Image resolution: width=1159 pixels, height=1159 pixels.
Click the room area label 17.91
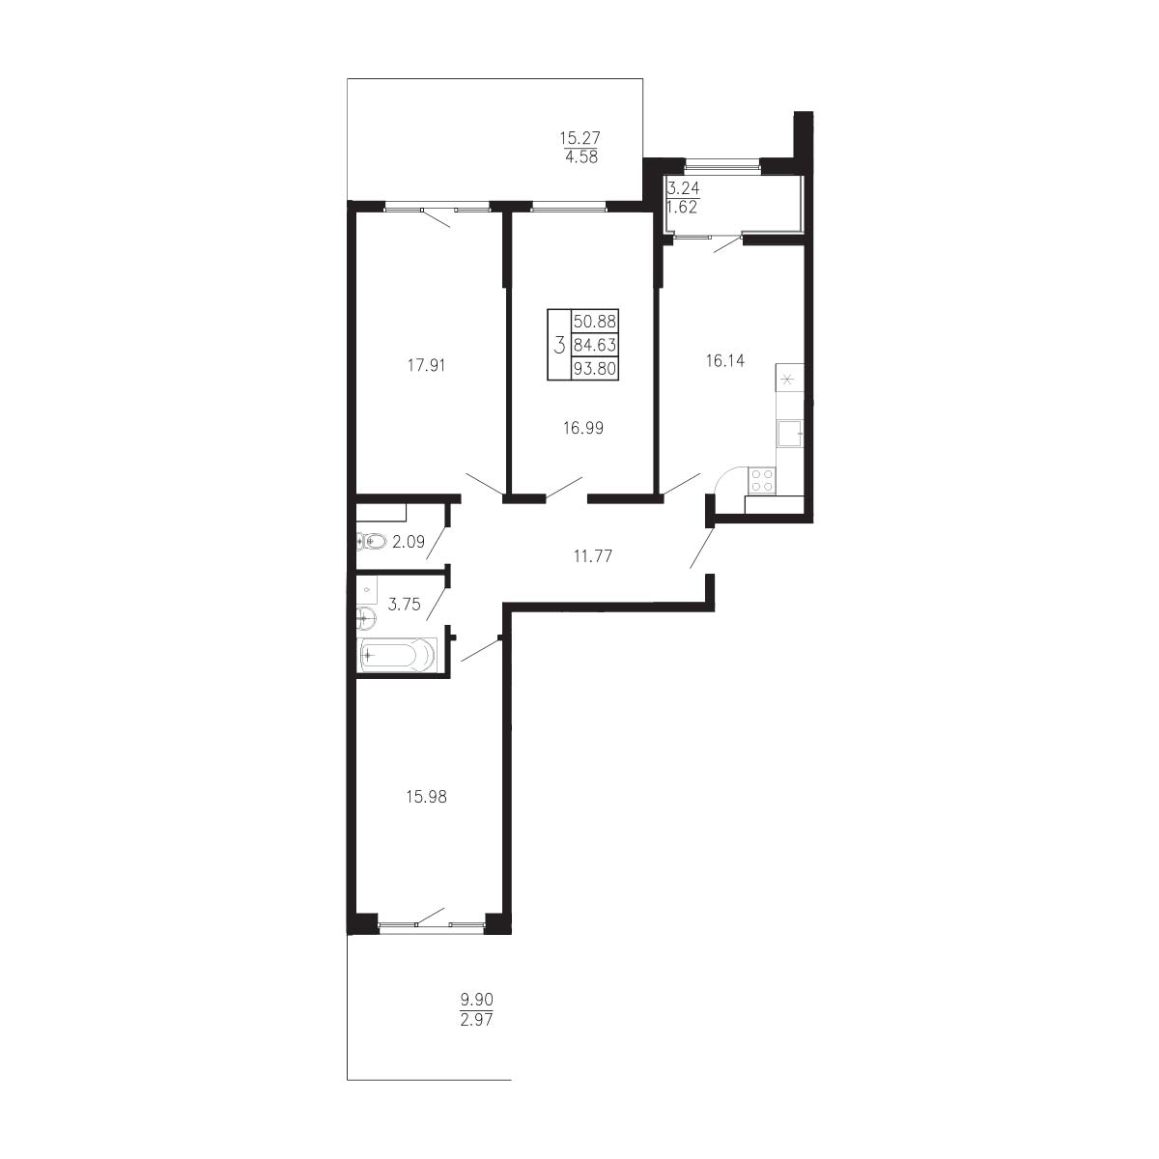point(426,365)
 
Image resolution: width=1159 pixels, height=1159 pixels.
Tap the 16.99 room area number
point(582,428)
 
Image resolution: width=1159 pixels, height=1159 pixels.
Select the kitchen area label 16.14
point(725,360)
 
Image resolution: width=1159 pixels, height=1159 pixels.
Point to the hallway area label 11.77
point(592,555)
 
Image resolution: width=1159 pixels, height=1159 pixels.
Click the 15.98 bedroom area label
point(427,796)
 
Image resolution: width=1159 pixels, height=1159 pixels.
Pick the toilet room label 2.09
point(409,541)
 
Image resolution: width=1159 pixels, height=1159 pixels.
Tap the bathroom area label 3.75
point(404,604)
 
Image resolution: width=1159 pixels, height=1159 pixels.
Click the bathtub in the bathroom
point(397,655)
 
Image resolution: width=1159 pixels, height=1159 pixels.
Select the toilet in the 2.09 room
point(371,541)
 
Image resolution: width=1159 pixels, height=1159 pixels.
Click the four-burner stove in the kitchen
point(761,481)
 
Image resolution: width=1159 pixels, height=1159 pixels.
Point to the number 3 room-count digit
point(559,345)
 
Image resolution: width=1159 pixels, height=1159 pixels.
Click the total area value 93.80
point(595,368)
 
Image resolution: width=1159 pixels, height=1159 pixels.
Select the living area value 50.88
point(595,321)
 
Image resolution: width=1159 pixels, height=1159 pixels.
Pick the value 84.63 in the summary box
point(595,345)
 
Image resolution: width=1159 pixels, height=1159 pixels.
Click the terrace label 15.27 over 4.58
point(579,148)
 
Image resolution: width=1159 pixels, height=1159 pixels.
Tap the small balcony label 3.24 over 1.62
point(683,198)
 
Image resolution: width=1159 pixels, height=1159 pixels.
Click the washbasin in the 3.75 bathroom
point(366,616)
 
